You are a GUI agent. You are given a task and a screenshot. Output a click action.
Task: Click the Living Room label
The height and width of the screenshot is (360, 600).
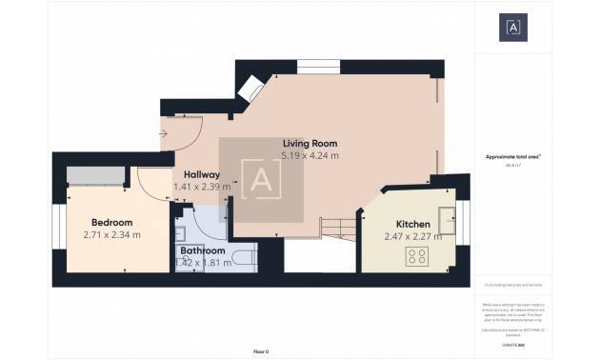(x=310, y=143)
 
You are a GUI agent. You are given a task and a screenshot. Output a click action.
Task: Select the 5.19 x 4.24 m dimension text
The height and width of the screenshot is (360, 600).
(x=310, y=155)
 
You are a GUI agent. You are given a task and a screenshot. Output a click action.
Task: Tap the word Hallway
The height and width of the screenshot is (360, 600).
(x=201, y=175)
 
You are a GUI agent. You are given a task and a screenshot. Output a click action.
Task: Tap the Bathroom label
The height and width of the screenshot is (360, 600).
(x=203, y=251)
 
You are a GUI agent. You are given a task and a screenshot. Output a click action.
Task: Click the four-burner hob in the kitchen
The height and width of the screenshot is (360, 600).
(x=417, y=255)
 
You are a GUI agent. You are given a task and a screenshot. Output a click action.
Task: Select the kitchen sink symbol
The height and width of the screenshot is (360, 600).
(x=445, y=213)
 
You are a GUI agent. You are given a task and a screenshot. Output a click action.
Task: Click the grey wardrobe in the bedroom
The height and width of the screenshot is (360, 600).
(x=94, y=175)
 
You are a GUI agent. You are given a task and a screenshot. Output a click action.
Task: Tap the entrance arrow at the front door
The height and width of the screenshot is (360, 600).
(x=164, y=133)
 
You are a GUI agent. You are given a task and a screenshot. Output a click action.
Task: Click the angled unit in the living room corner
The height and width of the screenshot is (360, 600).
(x=250, y=87)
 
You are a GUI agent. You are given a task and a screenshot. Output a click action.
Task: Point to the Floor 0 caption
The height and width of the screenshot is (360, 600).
(x=261, y=351)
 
